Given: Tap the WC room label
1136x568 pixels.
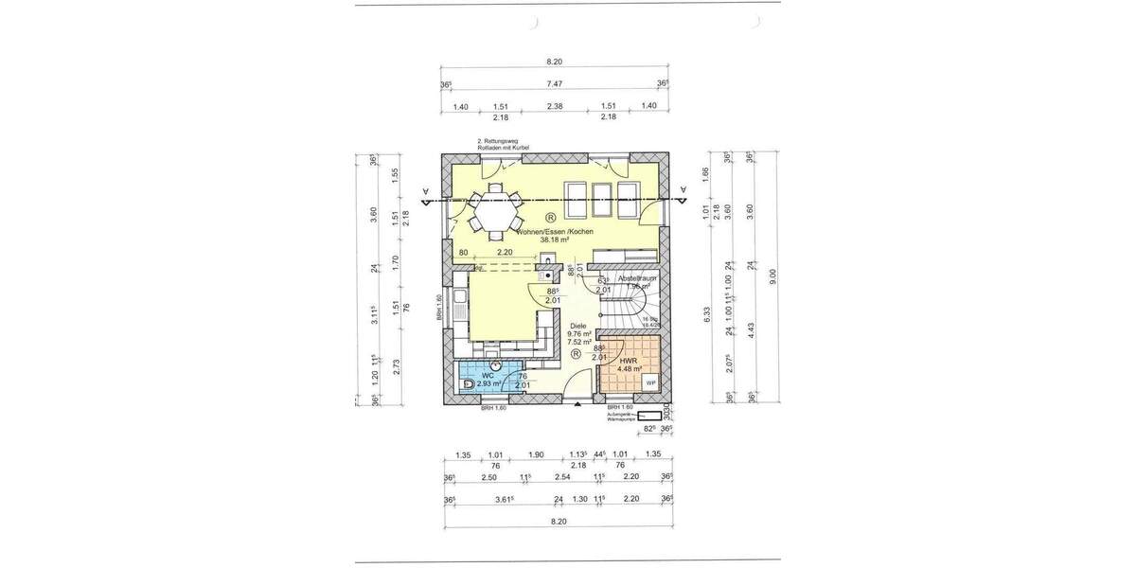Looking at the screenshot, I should point(488,376).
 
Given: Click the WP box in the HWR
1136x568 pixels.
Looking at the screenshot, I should point(650,381).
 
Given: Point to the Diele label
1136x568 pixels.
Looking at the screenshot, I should point(579,324).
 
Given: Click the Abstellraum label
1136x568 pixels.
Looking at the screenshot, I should point(637,279).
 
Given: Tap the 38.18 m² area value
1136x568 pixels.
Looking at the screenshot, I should point(554,240).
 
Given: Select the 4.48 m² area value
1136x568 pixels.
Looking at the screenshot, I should point(630,369).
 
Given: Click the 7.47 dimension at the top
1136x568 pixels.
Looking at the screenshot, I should point(555,83).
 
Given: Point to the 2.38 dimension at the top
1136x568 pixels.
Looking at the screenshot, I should point(555,106).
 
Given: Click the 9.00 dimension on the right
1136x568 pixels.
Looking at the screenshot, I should point(774,275).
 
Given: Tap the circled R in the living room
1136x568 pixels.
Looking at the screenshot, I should point(551,217).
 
